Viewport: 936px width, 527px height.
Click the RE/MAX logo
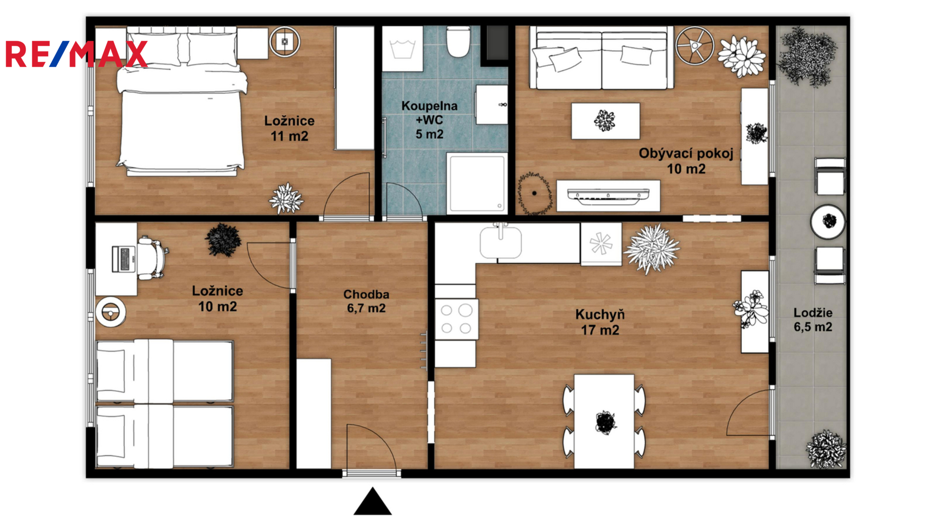click(x=76, y=54)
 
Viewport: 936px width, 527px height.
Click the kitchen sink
click(x=501, y=242)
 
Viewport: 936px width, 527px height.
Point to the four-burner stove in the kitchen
click(x=456, y=319)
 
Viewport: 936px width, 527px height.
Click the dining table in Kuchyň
click(x=604, y=421)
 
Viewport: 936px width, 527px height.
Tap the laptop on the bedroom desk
click(x=123, y=259)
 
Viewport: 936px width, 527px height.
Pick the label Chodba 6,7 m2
click(x=366, y=301)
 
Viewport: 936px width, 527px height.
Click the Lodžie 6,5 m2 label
click(x=813, y=320)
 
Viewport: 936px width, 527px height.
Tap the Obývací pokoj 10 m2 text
click(x=686, y=161)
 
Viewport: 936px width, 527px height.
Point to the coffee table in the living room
click(x=605, y=121)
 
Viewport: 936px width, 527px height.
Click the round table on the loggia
click(x=828, y=222)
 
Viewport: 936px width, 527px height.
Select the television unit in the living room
click(x=608, y=196)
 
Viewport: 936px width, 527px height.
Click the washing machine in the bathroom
click(x=402, y=49)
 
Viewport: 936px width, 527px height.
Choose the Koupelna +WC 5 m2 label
click(x=429, y=120)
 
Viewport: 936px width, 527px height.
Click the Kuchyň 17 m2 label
click(x=600, y=322)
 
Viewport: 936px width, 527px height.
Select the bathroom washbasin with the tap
click(x=491, y=105)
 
